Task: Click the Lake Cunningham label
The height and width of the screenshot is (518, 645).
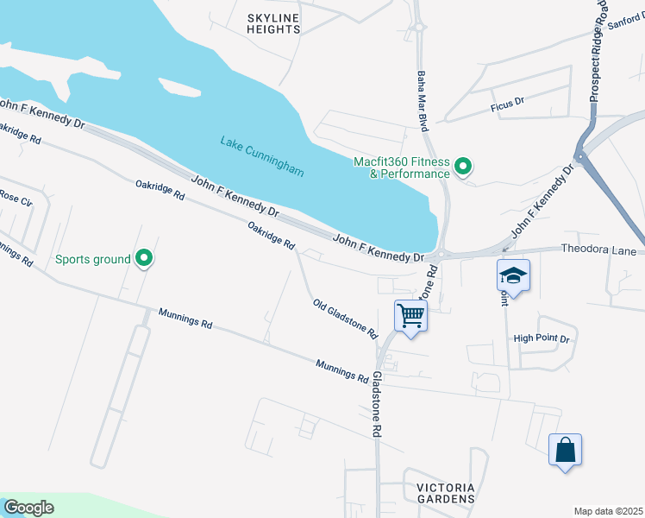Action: point(262,156)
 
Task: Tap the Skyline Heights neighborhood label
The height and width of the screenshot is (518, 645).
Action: point(273,23)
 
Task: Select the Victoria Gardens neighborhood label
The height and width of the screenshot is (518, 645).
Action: point(446,493)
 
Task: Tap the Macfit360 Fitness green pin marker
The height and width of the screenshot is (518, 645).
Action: point(463,165)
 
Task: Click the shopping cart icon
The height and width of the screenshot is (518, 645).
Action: point(411,316)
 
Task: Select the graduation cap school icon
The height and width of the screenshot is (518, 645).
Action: point(513,275)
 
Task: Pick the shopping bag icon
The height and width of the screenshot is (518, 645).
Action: point(565,450)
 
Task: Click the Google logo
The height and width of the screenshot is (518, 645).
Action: point(28,508)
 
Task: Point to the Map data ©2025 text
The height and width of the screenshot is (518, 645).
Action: point(608,510)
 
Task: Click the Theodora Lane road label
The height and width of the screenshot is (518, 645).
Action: point(598,251)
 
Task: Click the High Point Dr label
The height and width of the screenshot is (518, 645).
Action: point(542,338)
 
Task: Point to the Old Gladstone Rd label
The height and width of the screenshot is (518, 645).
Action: point(345,319)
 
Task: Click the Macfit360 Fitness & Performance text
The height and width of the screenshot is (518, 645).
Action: point(403,167)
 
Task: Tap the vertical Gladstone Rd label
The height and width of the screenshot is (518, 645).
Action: point(377,406)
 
